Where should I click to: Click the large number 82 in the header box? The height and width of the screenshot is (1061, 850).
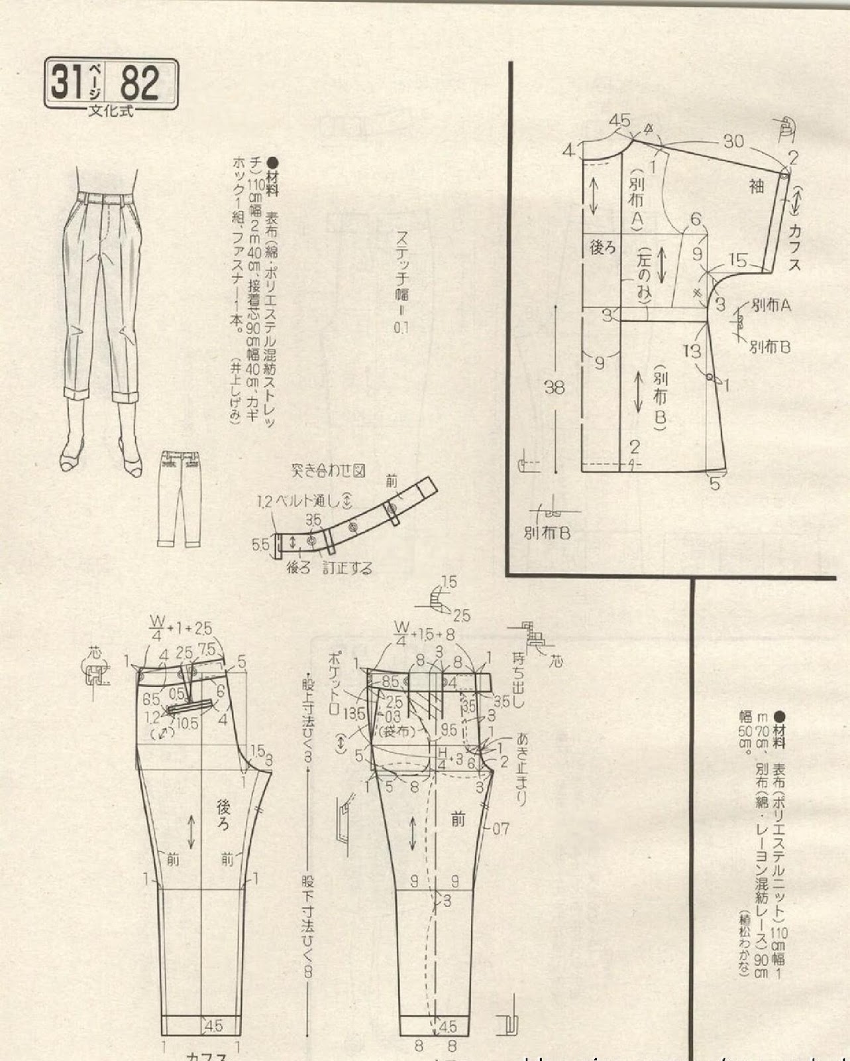140,84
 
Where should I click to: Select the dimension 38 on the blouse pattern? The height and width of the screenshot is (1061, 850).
555,387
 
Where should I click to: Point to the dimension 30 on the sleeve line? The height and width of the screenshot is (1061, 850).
733,141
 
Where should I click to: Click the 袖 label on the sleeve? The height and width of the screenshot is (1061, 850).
757,187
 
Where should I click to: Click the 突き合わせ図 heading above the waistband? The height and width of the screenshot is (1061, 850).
329,471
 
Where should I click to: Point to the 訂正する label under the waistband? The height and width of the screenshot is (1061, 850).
348,568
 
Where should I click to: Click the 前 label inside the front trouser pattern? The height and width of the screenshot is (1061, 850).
458,820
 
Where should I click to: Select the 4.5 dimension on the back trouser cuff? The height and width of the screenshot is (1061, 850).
213,1026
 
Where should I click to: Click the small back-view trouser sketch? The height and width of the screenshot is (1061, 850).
179,499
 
